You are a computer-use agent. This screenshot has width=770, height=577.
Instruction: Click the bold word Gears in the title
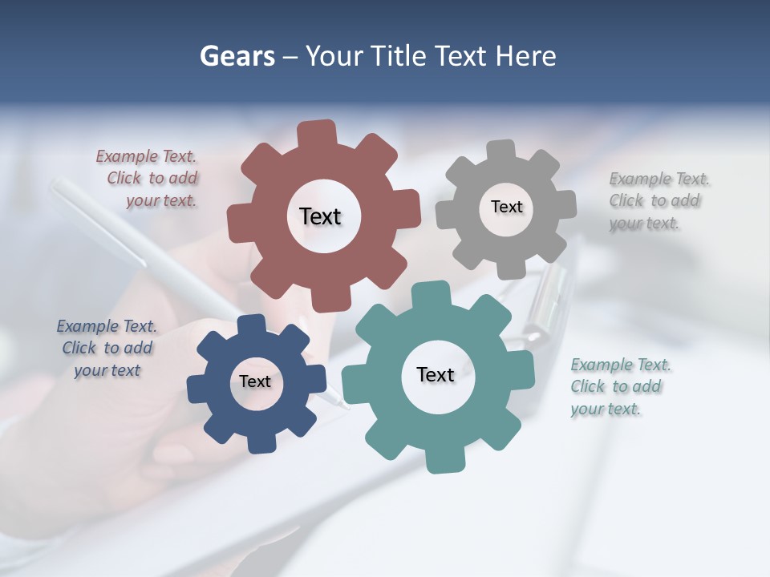(237, 56)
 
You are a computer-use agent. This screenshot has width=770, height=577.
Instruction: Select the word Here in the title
(525, 56)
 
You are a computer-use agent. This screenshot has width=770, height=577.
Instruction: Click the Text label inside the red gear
(320, 216)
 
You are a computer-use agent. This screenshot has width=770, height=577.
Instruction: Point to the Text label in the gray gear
(506, 207)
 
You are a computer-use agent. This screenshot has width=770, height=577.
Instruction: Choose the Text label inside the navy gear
(255, 381)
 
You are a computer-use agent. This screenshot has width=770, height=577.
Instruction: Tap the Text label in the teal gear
(436, 374)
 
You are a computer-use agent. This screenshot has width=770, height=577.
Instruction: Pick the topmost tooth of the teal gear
(430, 294)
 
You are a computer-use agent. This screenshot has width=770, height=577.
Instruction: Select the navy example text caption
(107, 348)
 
